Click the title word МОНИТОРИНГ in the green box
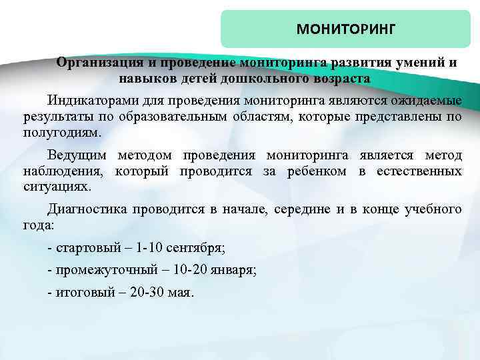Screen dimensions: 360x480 [x=346, y=30]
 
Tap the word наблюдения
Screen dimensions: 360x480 [x=56, y=171]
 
